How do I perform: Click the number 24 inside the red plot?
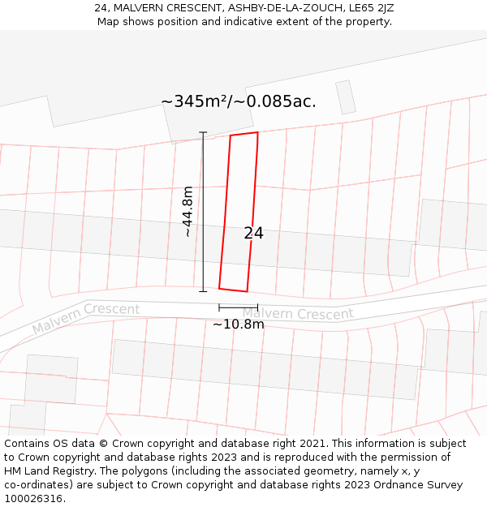coord(253,234)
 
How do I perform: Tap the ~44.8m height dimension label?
coord(188,211)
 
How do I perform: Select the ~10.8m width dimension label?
coord(239,324)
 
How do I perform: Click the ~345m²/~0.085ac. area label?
coord(239,102)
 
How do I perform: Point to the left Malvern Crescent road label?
coord(86,318)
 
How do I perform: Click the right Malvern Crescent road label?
coord(298,313)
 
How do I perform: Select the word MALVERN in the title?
coord(140,8)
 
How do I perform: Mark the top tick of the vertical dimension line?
coord(203,132)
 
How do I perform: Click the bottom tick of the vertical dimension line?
coord(203,290)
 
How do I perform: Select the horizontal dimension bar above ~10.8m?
coord(239,307)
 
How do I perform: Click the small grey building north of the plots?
coord(346,97)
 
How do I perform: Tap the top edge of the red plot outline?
coord(244,134)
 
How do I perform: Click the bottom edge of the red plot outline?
coord(233,289)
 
